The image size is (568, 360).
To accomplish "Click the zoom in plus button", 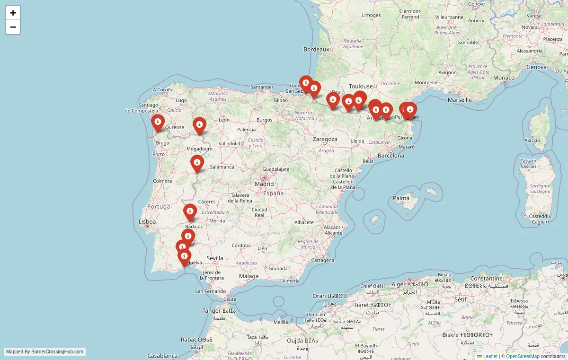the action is point(13,13).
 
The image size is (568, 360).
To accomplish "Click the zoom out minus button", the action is point(13,27).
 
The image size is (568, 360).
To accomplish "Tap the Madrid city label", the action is point(264,184).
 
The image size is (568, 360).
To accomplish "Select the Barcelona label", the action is point(391,155).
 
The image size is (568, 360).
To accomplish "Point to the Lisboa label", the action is point(147,221).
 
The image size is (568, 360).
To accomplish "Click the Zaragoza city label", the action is point(325,139).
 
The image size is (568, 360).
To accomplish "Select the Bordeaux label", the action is point(316,49).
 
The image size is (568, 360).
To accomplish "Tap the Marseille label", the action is point(460,100).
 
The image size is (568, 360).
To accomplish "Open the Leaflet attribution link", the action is point(490,356).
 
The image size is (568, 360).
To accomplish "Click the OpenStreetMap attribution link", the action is point(523,356).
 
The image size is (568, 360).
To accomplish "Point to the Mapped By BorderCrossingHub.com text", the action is point(44,352).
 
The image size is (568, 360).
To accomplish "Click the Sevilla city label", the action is point(214,258).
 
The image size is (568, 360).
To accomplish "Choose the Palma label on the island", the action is point(401,198).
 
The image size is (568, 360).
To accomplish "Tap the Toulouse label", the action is point(361,87).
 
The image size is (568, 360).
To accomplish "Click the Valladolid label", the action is point(230,143).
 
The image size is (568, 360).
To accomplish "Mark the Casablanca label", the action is point(162,356).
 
